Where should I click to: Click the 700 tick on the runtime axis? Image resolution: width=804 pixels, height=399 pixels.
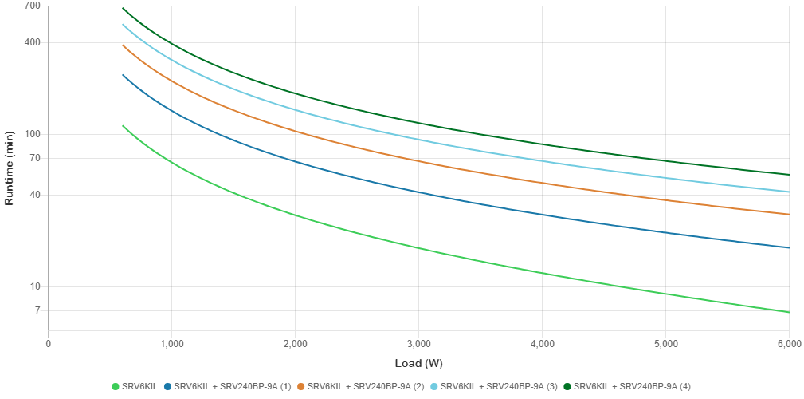[x=11, y=6]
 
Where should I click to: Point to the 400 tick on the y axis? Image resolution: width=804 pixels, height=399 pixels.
[x=11, y=42]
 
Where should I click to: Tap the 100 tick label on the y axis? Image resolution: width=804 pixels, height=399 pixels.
[x=11, y=134]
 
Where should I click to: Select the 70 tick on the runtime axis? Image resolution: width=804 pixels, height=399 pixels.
[x=13, y=158]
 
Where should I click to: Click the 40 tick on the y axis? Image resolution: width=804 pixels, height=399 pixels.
[x=13, y=195]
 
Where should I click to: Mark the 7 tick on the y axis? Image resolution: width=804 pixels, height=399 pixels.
[x=14, y=310]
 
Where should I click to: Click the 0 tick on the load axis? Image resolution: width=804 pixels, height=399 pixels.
[x=49, y=344]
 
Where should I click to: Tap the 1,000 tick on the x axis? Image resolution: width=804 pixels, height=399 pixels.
[x=172, y=344]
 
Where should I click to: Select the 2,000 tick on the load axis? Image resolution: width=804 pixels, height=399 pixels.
[x=296, y=344]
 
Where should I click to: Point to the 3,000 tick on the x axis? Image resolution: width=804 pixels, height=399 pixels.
[x=419, y=344]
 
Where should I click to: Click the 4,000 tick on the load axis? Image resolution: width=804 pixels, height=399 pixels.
[x=542, y=344]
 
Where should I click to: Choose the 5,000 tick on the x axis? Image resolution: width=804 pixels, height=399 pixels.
[x=665, y=344]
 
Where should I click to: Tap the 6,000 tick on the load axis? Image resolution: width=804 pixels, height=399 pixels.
[x=788, y=344]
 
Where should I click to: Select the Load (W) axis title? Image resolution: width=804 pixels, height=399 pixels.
[x=418, y=364]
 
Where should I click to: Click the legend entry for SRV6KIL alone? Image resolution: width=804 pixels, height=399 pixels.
[x=139, y=387]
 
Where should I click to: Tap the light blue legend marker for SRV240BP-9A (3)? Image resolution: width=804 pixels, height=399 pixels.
[x=435, y=387]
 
